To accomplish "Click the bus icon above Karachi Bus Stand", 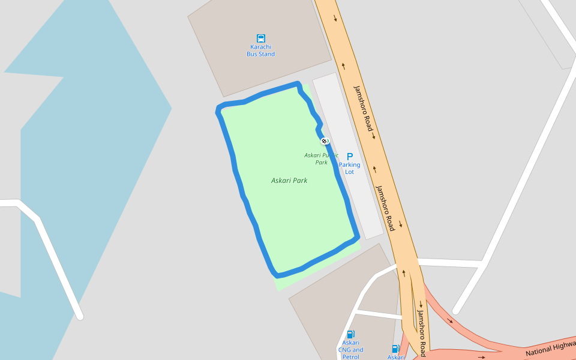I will pos(261,38).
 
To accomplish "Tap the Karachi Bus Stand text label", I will pos(261,50).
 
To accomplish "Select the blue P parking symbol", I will pos(350,157).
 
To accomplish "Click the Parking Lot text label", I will pos(350,168).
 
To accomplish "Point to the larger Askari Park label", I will pos(289,180).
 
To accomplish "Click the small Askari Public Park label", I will pos(321,158).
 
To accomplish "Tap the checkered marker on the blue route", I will pos(325,141).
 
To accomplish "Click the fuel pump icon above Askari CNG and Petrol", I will pos(350,334).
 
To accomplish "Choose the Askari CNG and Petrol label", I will pos(350,350).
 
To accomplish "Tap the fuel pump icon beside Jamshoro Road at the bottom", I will pos(395,349).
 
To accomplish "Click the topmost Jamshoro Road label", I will pos(363,109).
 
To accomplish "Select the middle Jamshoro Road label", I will pos(386,208).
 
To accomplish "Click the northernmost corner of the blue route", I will pos(298,84).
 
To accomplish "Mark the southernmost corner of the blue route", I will pos(277,275).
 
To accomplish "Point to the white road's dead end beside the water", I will pos(79,316).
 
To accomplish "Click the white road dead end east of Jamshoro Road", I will pos(456,311).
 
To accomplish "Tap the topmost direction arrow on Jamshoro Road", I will pos(335,18).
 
